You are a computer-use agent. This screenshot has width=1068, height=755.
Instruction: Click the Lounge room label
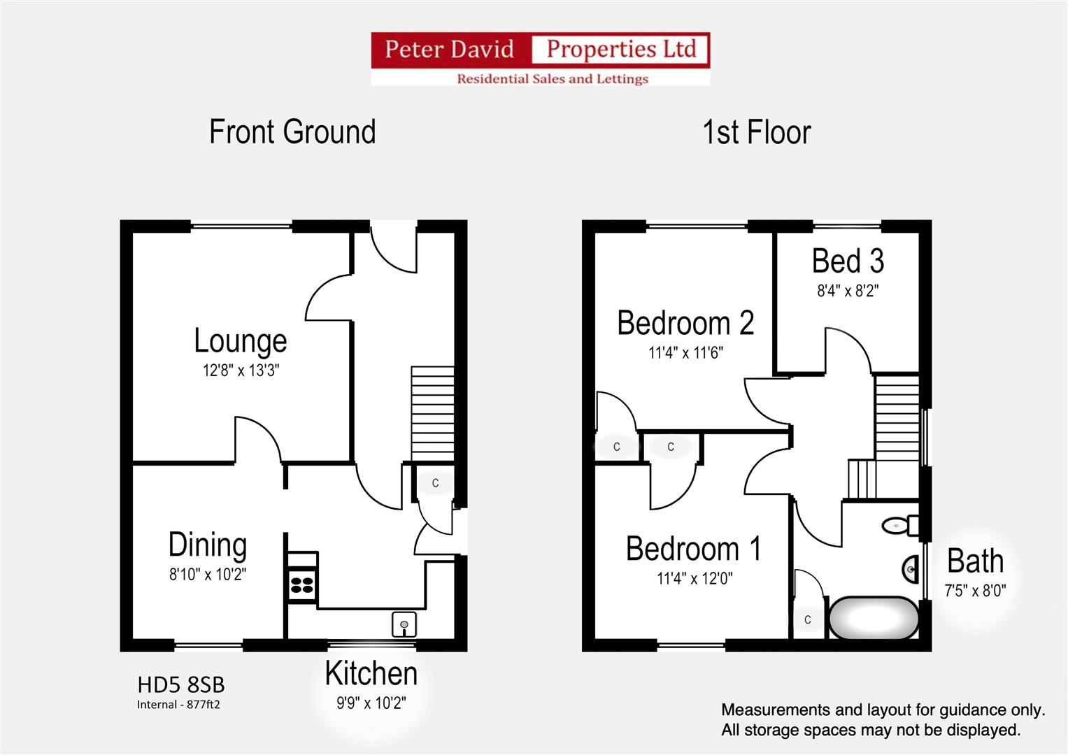(x=241, y=341)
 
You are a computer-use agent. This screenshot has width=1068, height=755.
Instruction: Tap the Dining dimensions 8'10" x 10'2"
(x=208, y=575)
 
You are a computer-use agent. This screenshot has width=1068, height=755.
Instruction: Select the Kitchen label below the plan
(x=371, y=673)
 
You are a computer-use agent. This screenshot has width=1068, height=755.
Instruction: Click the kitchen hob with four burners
(x=302, y=584)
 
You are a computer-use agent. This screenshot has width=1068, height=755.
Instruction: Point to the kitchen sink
(x=404, y=624)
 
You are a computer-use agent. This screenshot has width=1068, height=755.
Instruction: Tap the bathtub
(x=874, y=618)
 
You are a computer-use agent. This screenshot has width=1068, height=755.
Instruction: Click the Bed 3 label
(x=848, y=261)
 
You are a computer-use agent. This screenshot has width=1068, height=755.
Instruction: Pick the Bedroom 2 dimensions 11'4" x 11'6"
(x=685, y=353)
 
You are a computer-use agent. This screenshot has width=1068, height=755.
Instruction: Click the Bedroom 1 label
(x=693, y=549)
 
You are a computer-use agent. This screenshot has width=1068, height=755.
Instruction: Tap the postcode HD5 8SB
(x=180, y=685)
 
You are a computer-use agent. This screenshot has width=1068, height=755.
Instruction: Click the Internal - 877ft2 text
(x=178, y=705)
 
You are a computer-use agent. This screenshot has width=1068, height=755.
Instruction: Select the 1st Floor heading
(x=757, y=132)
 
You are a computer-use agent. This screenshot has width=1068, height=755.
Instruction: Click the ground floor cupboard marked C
(x=435, y=483)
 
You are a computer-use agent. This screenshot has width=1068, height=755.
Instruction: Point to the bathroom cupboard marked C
(x=808, y=619)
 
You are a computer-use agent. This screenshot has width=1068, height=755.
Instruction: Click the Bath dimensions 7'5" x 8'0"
(x=975, y=591)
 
